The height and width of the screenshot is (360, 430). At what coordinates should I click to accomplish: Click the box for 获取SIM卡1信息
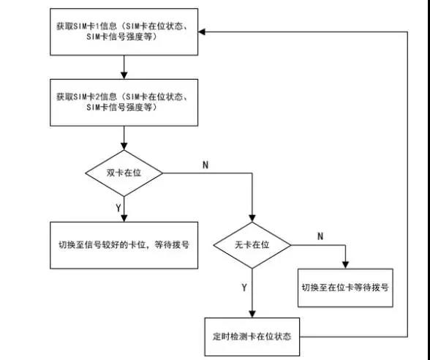click(x=124, y=32)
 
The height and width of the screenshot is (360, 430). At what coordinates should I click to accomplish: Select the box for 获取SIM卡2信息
click(x=124, y=102)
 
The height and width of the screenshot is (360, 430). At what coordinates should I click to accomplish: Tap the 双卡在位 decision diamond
click(x=124, y=173)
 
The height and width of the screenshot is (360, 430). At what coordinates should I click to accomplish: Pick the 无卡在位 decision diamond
click(x=252, y=245)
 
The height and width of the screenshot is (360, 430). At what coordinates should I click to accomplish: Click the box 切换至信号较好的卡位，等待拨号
click(x=124, y=245)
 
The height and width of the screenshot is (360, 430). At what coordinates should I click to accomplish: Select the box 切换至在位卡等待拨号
click(x=345, y=288)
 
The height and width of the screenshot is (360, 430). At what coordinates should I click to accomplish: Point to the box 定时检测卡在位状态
click(x=252, y=337)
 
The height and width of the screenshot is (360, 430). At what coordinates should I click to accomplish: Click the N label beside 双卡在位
click(x=205, y=165)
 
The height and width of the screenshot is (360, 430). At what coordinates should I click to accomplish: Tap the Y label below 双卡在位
click(x=118, y=208)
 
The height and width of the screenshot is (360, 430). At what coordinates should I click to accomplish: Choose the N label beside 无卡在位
click(x=320, y=236)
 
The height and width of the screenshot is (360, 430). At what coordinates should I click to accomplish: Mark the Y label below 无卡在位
click(x=244, y=288)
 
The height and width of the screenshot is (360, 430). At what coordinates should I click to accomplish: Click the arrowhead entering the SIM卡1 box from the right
click(x=202, y=32)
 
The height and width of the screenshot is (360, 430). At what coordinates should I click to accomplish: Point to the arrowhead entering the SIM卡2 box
click(x=124, y=75)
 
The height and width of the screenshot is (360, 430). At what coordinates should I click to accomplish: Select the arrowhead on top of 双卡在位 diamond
click(x=124, y=146)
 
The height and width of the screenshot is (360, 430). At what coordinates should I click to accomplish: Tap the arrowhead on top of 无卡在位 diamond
click(x=252, y=218)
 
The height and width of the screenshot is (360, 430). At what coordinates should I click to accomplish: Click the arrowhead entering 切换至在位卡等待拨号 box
click(x=345, y=265)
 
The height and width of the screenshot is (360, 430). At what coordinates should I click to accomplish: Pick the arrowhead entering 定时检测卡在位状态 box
click(x=252, y=314)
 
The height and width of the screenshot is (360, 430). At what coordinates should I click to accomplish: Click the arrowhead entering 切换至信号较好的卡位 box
click(x=124, y=218)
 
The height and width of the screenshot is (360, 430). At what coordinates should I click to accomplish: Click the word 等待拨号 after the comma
click(x=172, y=244)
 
